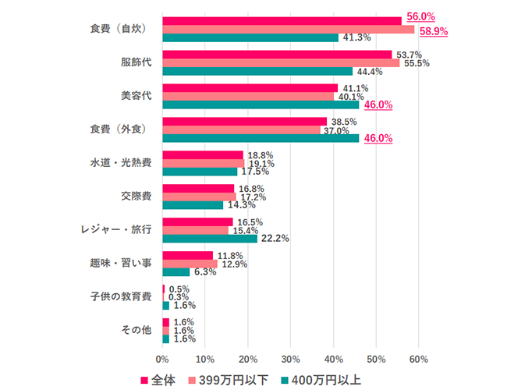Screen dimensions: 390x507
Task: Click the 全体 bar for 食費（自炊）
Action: coord(282,21)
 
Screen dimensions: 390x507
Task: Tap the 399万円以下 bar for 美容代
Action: coord(248,96)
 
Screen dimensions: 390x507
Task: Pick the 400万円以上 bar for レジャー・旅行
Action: coord(210,238)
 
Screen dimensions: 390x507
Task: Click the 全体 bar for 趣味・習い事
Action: coord(187,255)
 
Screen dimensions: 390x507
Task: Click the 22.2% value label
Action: coord(274,239)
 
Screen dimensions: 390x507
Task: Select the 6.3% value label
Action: coord(205,272)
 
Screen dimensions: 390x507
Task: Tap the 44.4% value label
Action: coord(370,72)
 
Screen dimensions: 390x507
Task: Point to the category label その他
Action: coord(136,331)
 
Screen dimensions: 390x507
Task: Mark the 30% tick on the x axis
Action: coord(290,359)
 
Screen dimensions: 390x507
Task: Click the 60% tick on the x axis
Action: coord(418,359)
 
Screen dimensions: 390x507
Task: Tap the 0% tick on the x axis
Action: coord(162,359)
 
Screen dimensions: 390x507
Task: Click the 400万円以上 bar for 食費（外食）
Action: coord(261,138)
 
